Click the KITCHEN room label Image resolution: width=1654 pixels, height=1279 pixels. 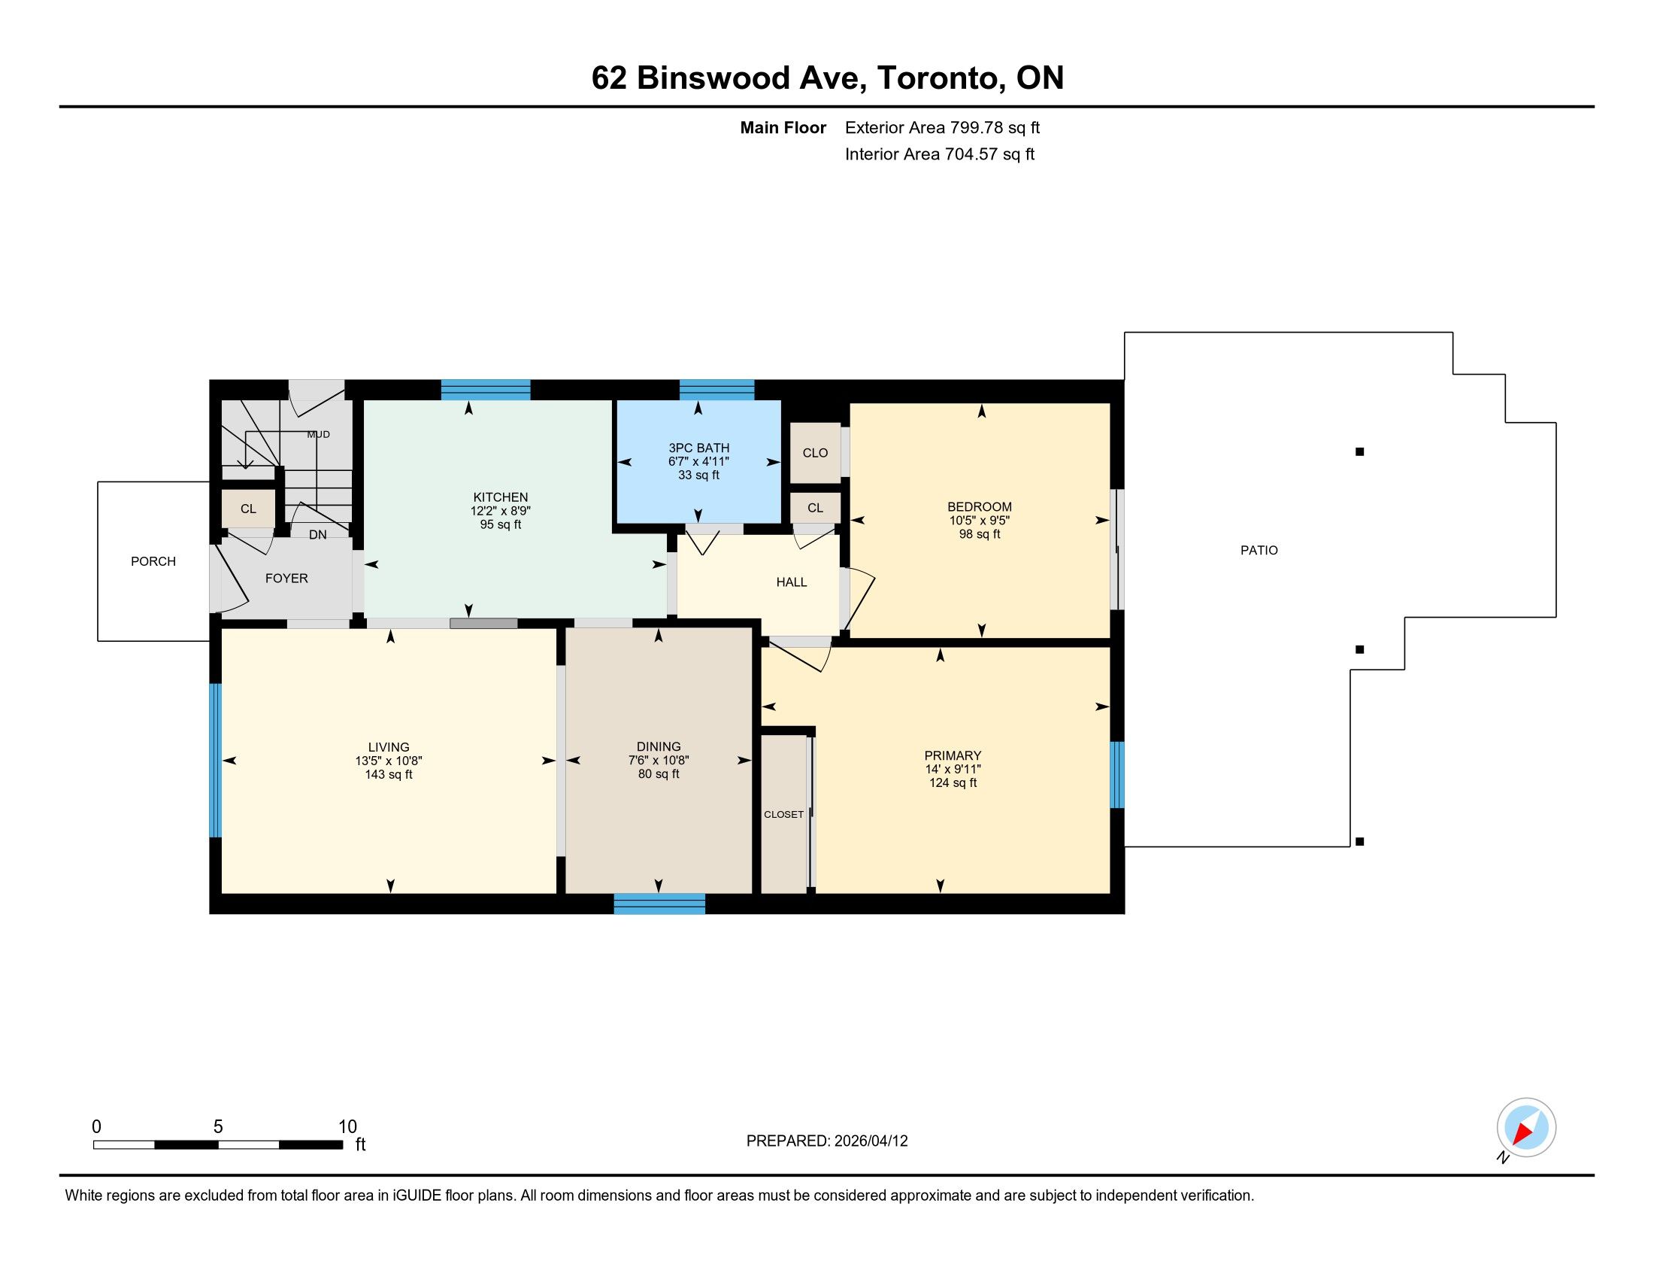point(501,497)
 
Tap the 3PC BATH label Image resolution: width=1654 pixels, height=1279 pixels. point(698,448)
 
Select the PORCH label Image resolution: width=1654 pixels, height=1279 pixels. point(153,561)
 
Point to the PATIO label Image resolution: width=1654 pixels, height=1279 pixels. point(1259,550)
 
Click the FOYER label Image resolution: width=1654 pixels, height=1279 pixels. point(286,578)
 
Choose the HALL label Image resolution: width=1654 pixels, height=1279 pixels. point(792,582)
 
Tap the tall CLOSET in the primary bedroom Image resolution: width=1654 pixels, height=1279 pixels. point(784,815)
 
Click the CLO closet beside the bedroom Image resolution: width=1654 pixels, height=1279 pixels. point(815,452)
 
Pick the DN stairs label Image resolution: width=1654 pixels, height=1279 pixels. point(318,535)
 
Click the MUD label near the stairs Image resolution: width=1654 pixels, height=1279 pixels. point(318,434)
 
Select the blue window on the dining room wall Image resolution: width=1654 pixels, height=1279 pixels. point(659,904)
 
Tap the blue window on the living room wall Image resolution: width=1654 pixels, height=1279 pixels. point(215,760)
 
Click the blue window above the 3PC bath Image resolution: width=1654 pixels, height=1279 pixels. point(716,390)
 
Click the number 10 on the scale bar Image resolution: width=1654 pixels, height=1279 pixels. point(347,1127)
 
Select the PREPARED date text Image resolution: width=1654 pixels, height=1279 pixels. point(827,1141)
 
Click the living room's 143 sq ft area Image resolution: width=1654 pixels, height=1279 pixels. point(389,774)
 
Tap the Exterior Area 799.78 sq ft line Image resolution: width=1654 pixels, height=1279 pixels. point(942,127)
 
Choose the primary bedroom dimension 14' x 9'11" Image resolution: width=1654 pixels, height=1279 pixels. point(953,769)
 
